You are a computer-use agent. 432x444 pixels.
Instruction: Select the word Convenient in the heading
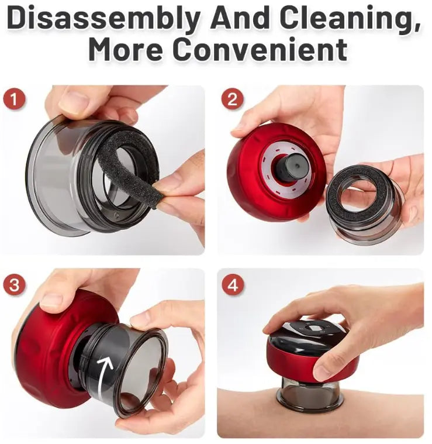pos(260,49)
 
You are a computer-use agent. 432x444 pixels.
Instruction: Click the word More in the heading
pos(126,49)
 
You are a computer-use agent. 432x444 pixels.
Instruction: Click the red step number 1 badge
pos(14,99)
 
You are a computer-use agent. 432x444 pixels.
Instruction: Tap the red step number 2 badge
pos(232,99)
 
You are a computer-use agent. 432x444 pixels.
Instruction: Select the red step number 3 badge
pos(14,285)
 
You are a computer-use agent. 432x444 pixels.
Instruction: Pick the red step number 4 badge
pos(232,285)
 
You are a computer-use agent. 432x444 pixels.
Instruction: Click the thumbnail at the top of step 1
pos(74,101)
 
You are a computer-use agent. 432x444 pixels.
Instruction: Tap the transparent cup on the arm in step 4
pos(310,392)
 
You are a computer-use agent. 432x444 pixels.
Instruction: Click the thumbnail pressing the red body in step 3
pos(51,301)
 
